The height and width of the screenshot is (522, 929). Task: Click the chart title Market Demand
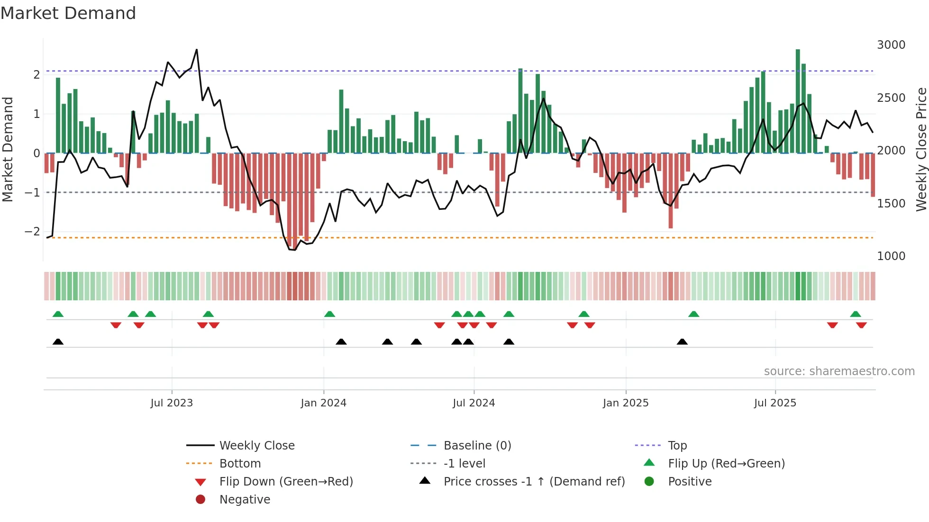pyautogui.click(x=68, y=13)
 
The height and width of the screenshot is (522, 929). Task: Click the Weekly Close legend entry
pyautogui.click(x=256, y=445)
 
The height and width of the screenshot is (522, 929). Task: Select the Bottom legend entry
pyautogui.click(x=240, y=463)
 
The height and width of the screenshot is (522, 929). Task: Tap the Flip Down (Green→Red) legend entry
pyautogui.click(x=286, y=481)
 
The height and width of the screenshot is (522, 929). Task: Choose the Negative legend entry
pyautogui.click(x=245, y=499)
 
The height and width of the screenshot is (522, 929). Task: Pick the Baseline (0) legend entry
pyautogui.click(x=477, y=445)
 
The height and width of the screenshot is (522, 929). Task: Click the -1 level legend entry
pyautogui.click(x=464, y=463)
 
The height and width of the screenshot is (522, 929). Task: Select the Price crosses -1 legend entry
pyautogui.click(x=534, y=481)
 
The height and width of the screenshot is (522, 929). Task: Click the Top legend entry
pyautogui.click(x=677, y=445)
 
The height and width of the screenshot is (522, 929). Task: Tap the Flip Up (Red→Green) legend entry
pyautogui.click(x=726, y=463)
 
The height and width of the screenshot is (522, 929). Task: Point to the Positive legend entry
pyautogui.click(x=690, y=481)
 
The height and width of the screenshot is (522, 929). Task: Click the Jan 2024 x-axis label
pyautogui.click(x=323, y=403)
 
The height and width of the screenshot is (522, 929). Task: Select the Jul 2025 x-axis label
pyautogui.click(x=775, y=403)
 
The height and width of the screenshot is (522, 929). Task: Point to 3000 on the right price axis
pyautogui.click(x=891, y=45)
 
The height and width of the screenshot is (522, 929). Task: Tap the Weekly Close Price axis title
pyautogui.click(x=921, y=149)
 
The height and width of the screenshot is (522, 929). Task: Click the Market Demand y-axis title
pyautogui.click(x=8, y=149)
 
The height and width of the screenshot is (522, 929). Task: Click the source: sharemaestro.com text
pyautogui.click(x=839, y=371)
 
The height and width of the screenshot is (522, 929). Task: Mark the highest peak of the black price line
pyautogui.click(x=197, y=49)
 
